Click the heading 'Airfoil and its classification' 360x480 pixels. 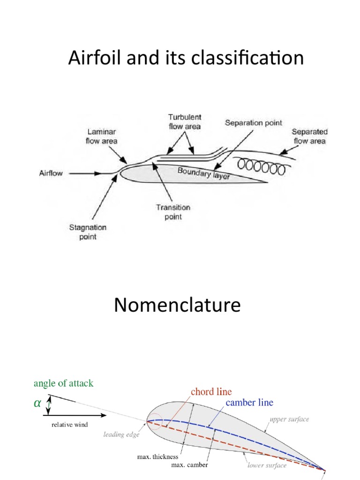186,59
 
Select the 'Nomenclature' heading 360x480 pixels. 177,306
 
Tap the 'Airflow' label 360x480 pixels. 51,173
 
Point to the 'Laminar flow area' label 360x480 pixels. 101,136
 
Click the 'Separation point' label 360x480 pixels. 254,123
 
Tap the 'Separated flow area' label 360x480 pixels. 309,136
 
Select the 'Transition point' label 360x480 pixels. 173,212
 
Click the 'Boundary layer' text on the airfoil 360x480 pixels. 203,174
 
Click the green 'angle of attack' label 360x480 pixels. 63,383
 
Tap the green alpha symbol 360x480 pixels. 37,404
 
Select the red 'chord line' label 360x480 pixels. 211,391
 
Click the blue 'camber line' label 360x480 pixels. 249,402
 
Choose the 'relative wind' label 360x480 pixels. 70,425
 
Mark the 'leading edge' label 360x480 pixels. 122,435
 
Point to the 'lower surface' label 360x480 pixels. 267,465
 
